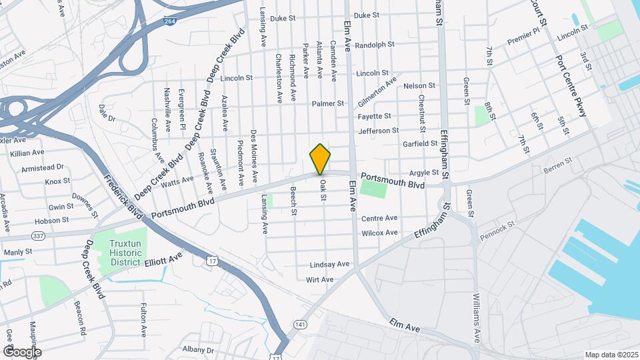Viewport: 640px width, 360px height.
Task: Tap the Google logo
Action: (22, 351)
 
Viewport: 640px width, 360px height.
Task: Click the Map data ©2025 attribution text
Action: (611, 355)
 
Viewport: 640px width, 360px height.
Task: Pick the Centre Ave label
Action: (379, 219)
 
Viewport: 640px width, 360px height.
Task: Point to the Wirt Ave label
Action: (319, 279)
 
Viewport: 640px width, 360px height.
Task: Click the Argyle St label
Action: (424, 173)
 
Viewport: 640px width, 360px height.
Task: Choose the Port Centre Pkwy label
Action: (571, 86)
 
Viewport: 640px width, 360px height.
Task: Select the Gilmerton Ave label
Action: (377, 92)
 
